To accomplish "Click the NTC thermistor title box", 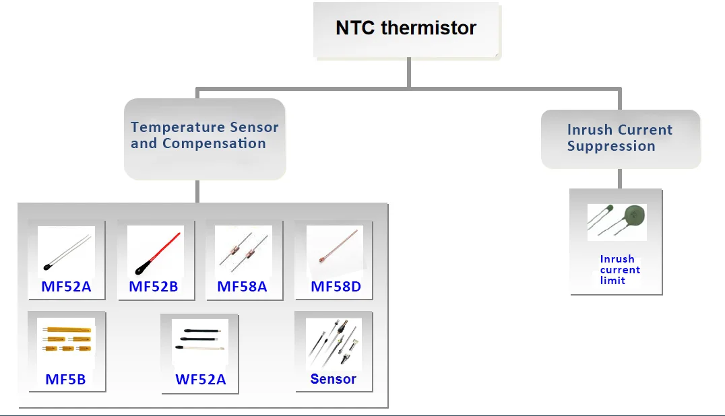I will click(x=406, y=29).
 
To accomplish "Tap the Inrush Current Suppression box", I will click(x=620, y=138).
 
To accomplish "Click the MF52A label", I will click(x=66, y=287).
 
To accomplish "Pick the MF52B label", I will click(x=154, y=287).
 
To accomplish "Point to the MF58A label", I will click(x=242, y=287).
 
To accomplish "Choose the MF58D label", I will click(x=336, y=287).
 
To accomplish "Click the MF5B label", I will click(x=65, y=380).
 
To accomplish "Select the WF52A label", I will click(x=201, y=380).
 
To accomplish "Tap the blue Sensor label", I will click(x=333, y=379).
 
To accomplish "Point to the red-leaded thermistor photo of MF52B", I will click(x=155, y=251).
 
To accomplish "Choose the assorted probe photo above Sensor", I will click(x=333, y=343).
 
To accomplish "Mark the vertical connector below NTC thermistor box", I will click(x=409, y=72).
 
